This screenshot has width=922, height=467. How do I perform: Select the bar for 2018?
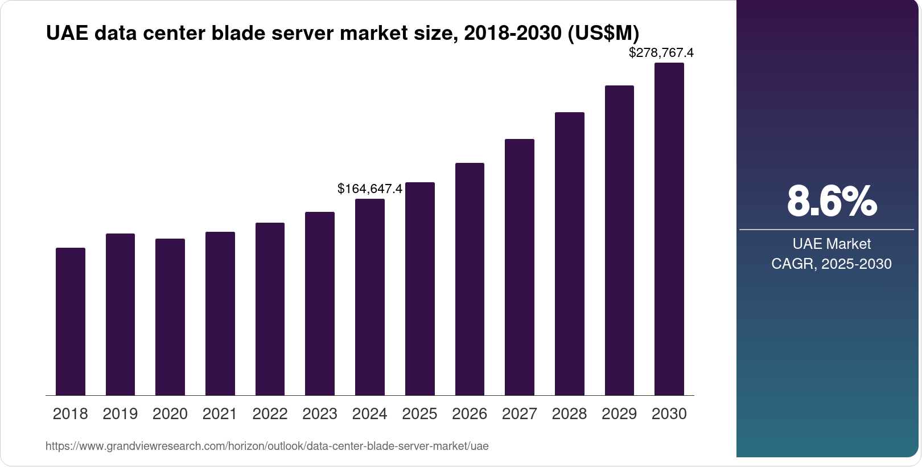pyautogui.click(x=71, y=322)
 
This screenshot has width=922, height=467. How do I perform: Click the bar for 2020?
pyautogui.click(x=170, y=317)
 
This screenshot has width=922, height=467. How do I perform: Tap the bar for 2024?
pyautogui.click(x=370, y=297)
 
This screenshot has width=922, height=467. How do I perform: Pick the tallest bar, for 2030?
pyautogui.click(x=669, y=229)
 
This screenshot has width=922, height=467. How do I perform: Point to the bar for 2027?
pyautogui.click(x=520, y=267)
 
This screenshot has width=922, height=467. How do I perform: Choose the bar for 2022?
pyautogui.click(x=270, y=309)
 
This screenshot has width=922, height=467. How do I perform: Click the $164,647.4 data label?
pyautogui.click(x=370, y=189)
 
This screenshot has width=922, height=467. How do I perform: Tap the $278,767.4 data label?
pyautogui.click(x=661, y=53)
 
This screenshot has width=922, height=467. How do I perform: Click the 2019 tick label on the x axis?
pyautogui.click(x=120, y=414)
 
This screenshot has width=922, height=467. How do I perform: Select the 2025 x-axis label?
pyautogui.click(x=419, y=414)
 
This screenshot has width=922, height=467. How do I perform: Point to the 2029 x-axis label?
pyautogui.click(x=619, y=414)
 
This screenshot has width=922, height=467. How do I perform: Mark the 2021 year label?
pyautogui.click(x=220, y=414)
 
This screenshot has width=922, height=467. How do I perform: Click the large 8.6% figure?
pyautogui.click(x=832, y=201)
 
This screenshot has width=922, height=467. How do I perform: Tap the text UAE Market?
pyautogui.click(x=832, y=244)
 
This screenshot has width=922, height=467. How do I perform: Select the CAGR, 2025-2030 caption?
pyautogui.click(x=832, y=264)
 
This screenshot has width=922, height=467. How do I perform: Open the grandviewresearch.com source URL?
pyautogui.click(x=267, y=446)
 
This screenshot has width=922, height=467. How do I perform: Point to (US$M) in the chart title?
pyautogui.click(x=603, y=33)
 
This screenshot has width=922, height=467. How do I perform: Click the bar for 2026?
pyautogui.click(x=470, y=279)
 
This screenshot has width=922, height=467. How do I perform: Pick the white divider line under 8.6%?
pyautogui.click(x=826, y=230)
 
